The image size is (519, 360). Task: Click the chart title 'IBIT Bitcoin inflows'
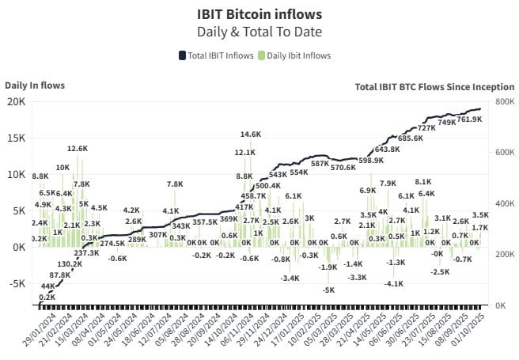click(x=259, y=13)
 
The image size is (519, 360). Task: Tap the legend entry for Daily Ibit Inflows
click(x=294, y=55)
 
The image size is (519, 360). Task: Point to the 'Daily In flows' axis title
click(x=35, y=85)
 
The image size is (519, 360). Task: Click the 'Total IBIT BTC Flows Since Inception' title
click(x=434, y=86)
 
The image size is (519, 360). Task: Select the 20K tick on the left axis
click(x=16, y=101)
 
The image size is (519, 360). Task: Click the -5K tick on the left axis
click(x=16, y=284)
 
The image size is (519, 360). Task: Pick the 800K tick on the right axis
click(x=504, y=101)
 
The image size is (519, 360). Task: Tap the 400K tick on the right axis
click(x=504, y=203)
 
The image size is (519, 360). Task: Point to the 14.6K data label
click(x=251, y=135)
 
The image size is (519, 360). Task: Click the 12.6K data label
click(x=78, y=149)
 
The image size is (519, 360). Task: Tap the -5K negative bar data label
click(x=328, y=290)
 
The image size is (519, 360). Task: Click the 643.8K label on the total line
click(x=388, y=149)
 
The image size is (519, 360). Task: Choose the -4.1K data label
click(x=395, y=283)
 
